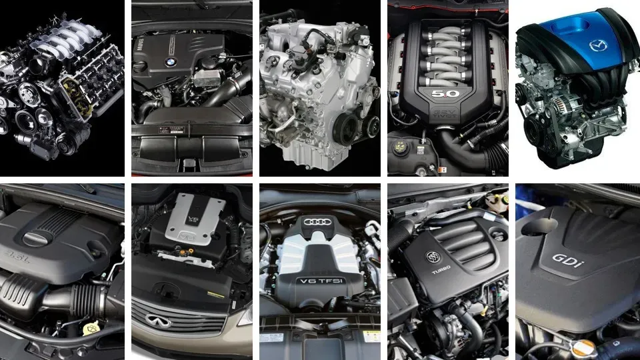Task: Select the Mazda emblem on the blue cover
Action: [x=599, y=45]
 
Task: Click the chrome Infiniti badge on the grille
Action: [x=157, y=321]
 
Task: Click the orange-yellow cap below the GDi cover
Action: [x=584, y=347]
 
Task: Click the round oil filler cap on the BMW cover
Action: [x=141, y=67]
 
